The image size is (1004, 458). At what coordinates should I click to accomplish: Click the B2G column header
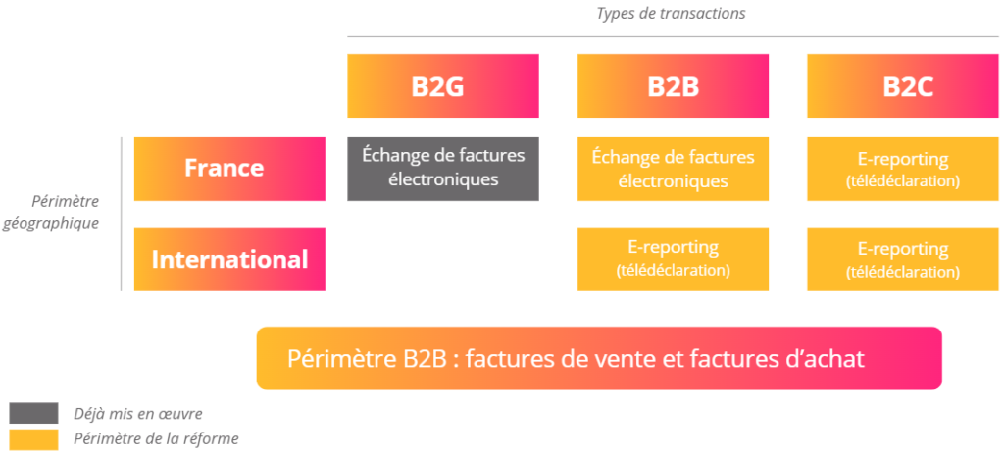[442, 85]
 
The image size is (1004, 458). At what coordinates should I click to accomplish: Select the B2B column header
[673, 85]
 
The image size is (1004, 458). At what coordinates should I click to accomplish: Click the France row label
[228, 168]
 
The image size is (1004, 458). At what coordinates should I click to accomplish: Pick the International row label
[228, 259]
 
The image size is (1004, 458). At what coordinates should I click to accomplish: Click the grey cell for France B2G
[442, 168]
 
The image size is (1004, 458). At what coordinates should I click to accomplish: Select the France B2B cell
[673, 168]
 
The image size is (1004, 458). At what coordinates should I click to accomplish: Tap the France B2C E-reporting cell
[903, 168]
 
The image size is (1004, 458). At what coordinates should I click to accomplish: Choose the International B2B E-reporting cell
[673, 259]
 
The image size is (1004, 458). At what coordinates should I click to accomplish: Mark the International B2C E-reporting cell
[903, 259]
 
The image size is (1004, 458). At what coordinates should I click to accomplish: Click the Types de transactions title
[672, 13]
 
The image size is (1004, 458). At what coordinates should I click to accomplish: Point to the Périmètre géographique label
[64, 212]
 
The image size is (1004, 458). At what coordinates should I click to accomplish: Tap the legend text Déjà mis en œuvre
[138, 413]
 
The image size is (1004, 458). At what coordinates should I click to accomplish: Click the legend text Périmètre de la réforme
[156, 438]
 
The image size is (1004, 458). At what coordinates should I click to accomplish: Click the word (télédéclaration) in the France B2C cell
[903, 181]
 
